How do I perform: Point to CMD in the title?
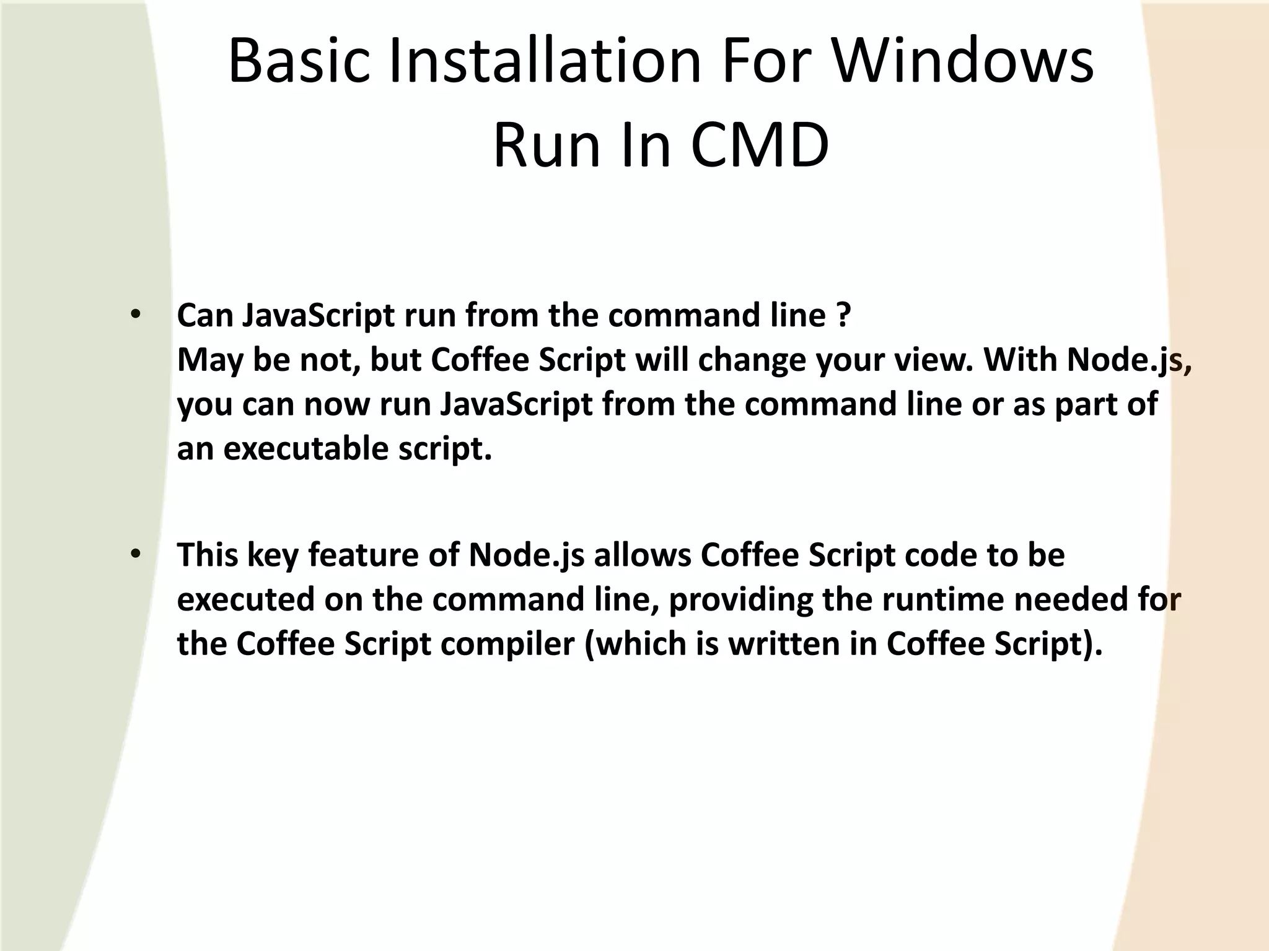tap(760, 146)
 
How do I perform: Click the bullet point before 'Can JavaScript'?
tap(136, 315)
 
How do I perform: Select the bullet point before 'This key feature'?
tap(136, 554)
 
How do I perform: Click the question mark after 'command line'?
tap(844, 315)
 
